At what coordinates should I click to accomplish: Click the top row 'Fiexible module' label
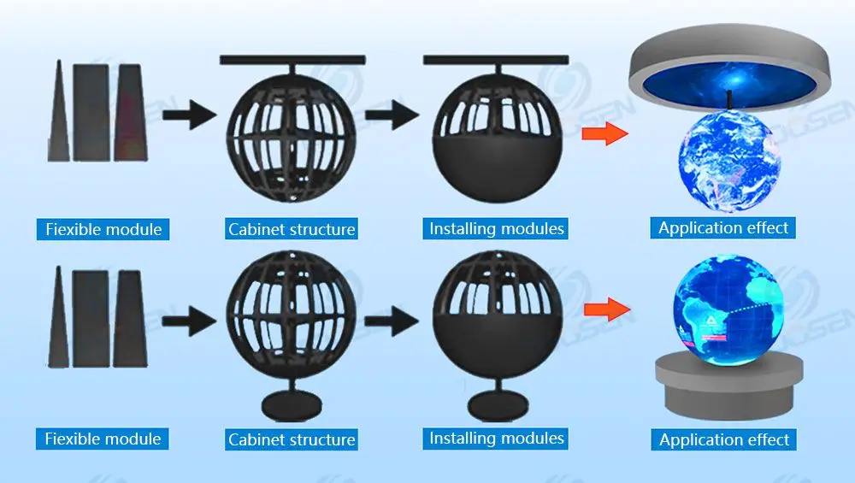pyautogui.click(x=103, y=229)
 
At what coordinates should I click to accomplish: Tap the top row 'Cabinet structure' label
pyautogui.click(x=292, y=229)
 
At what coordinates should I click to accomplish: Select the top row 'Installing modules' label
pyautogui.click(x=497, y=228)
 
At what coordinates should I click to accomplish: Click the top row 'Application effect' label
pyautogui.click(x=724, y=228)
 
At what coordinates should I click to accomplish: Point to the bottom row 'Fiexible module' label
pyautogui.click(x=103, y=439)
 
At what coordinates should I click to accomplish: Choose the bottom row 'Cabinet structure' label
pyautogui.click(x=292, y=440)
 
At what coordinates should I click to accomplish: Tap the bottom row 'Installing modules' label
pyautogui.click(x=497, y=439)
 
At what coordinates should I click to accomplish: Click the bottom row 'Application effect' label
pyautogui.click(x=725, y=440)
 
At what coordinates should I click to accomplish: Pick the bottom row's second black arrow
pyautogui.click(x=395, y=321)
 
